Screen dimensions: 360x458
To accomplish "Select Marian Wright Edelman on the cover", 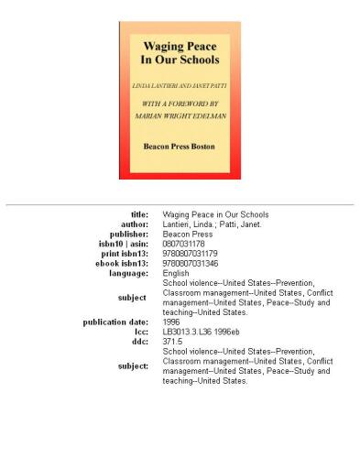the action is tap(180, 116).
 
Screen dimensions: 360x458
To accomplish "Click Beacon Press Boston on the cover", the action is tap(180, 145).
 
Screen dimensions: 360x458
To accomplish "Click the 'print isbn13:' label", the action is tap(125, 254).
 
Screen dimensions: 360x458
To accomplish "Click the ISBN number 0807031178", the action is tap(182, 245).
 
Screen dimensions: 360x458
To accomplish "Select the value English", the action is tap(176, 274).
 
